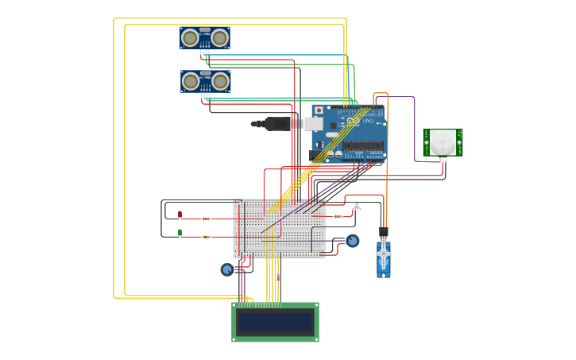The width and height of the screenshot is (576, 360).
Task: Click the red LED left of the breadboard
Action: coord(180,214)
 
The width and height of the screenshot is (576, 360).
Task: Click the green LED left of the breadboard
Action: coord(180,233)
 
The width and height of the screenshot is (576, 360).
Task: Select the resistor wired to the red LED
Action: coord(206,219)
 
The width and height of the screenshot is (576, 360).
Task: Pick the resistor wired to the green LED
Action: coord(206,237)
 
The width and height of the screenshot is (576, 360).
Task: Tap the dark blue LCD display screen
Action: coord(275,322)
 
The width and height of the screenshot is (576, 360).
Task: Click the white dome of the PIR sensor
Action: coord(443,143)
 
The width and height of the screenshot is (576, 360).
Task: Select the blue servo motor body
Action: coord(384,260)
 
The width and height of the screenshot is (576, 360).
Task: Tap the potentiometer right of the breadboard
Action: coord(352,240)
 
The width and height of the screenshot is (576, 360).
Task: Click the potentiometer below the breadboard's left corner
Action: coord(227,269)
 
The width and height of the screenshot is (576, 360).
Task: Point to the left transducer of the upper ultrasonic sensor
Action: coord(190,37)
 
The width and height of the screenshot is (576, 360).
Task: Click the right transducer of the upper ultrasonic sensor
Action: coord(219,37)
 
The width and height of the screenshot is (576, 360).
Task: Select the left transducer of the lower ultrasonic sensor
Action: coord(191,81)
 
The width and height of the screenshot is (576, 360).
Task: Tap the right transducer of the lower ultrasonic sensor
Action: coord(220,81)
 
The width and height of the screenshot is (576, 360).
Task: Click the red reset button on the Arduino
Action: coord(319,110)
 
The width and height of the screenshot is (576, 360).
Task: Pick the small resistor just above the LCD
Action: coord(277,277)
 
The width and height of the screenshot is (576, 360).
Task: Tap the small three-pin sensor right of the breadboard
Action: coord(356,205)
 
